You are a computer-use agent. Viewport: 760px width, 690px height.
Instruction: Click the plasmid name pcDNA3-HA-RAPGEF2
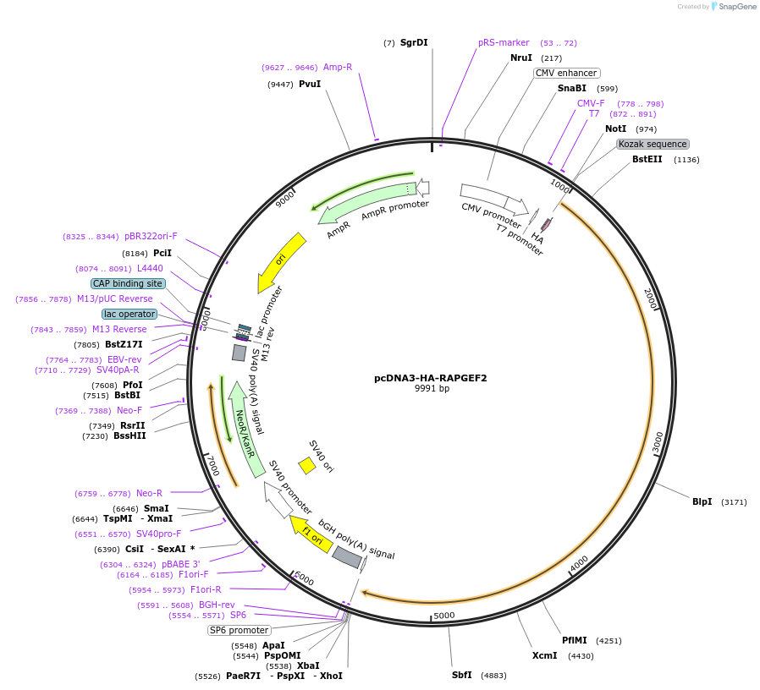[x=430, y=378]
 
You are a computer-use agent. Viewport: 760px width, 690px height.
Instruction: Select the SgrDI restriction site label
[x=414, y=42]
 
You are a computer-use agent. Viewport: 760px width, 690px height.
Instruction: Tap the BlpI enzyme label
[x=702, y=501]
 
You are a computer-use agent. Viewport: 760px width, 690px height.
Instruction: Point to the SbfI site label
[x=461, y=675]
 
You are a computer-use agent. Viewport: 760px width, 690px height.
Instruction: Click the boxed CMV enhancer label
[x=566, y=73]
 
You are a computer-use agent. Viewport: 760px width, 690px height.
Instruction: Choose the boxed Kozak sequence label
[x=653, y=144]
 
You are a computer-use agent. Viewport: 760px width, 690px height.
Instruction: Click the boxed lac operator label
[x=129, y=314]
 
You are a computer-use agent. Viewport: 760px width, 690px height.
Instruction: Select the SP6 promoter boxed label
[x=239, y=630]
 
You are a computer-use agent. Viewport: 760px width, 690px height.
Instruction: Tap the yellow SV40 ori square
[x=307, y=465]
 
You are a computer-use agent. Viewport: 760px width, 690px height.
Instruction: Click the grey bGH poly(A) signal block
[x=346, y=556]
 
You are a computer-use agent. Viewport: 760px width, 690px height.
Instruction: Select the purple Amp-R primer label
[x=338, y=67]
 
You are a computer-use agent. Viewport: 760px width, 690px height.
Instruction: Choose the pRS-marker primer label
[x=504, y=42]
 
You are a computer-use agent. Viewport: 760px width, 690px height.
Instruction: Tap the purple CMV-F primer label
[x=591, y=103]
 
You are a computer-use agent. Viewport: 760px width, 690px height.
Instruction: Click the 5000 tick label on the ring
[x=444, y=616]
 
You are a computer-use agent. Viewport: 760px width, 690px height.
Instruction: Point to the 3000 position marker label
[x=657, y=441]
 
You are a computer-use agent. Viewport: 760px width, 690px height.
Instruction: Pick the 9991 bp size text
[x=431, y=389]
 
